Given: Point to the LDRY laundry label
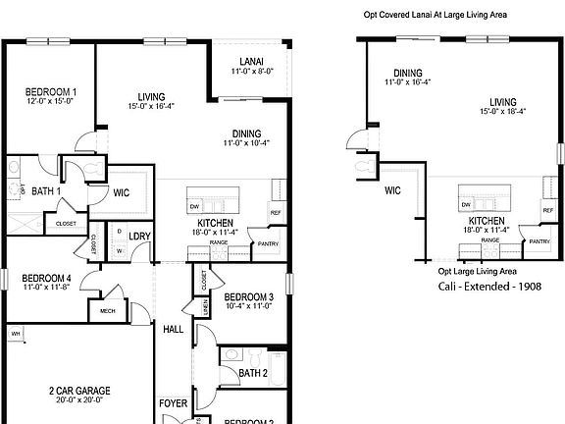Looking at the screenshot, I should click(x=138, y=236).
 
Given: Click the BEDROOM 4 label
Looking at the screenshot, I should click(x=47, y=278).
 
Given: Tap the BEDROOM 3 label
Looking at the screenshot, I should click(x=247, y=297).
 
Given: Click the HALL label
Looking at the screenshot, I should click(x=173, y=330).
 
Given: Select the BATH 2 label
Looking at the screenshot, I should click(x=252, y=373).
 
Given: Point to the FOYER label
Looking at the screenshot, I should click(x=173, y=403).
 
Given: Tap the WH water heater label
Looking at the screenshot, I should click(x=16, y=334).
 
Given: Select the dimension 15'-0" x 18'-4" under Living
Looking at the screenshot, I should click(x=503, y=112).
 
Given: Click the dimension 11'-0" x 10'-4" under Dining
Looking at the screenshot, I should click(x=246, y=144).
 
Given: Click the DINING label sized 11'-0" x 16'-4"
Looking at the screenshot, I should click(x=407, y=74).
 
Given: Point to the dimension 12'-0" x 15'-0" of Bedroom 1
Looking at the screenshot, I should click(x=51, y=101).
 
